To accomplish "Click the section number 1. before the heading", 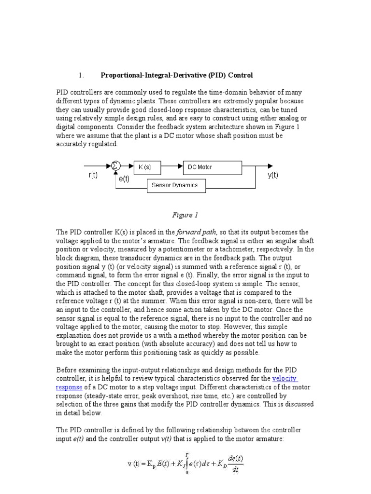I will click(81, 75).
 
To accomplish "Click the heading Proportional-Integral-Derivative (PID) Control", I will click(176, 75).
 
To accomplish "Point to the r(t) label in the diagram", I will click(93, 176).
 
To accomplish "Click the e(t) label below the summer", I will click(124, 179).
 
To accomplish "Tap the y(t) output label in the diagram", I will click(273, 176).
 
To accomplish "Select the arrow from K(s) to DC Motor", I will click(171, 167).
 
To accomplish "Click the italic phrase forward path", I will click(196, 232).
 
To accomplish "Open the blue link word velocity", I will click(285, 379).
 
